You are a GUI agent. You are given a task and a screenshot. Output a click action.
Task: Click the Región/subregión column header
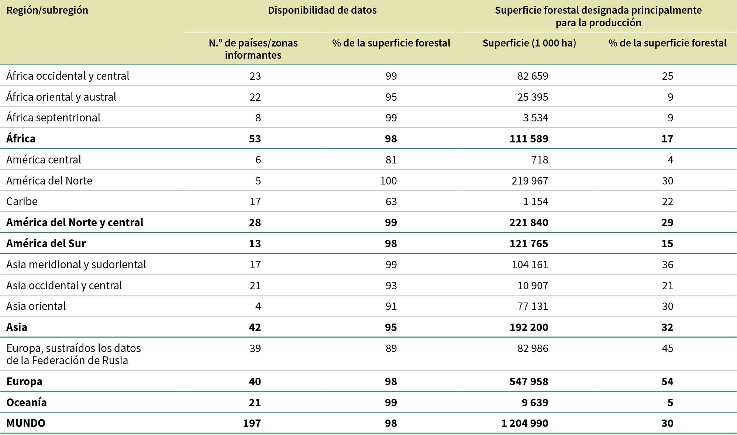(x=47, y=10)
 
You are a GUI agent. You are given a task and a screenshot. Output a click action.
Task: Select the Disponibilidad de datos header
(x=322, y=10)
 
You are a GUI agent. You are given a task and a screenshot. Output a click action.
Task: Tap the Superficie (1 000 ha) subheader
(x=529, y=43)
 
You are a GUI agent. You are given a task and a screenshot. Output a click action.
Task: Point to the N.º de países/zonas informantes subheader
(x=253, y=49)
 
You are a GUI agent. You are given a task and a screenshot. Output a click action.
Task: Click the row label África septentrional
(x=53, y=118)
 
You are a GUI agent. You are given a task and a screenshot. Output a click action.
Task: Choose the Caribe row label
(x=22, y=201)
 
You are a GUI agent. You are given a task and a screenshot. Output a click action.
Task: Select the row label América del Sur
(x=46, y=244)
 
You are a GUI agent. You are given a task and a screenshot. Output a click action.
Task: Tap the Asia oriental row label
(x=36, y=306)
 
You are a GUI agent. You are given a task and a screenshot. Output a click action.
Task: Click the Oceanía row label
(x=27, y=402)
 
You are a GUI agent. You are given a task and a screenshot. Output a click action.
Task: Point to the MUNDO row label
(x=26, y=423)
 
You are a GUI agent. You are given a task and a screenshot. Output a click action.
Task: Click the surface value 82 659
(x=533, y=76)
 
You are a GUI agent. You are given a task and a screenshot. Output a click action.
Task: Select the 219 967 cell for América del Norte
(x=530, y=181)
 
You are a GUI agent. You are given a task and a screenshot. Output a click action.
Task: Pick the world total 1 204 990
(x=524, y=423)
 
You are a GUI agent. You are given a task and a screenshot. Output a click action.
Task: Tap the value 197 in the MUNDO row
(x=252, y=423)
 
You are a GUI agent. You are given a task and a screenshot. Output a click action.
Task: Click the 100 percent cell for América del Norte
(x=388, y=181)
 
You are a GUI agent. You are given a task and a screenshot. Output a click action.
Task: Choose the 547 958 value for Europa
(x=528, y=382)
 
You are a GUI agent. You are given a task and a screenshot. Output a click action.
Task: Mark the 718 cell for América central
(x=540, y=160)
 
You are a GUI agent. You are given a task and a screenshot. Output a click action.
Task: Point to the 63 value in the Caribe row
(x=391, y=201)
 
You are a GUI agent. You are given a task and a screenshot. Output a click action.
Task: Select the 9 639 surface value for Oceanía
(x=535, y=402)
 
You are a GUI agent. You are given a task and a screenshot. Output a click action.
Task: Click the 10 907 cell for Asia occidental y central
(x=533, y=286)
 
